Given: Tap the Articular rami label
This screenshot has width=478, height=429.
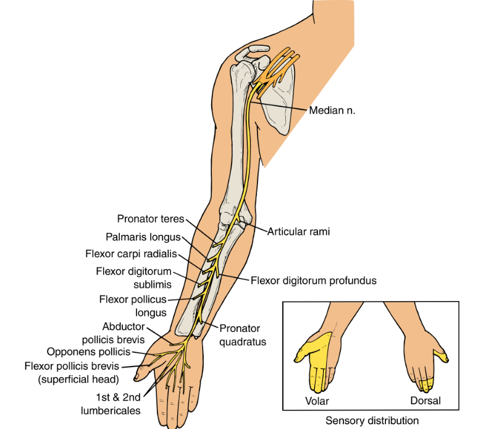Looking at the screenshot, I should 299,232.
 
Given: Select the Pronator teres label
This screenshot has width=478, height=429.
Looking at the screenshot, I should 150,218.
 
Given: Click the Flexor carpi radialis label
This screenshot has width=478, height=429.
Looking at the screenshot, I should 131,254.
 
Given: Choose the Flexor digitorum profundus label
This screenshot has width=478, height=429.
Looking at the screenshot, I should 313,280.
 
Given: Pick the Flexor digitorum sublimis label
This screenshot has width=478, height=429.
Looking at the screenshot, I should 133,277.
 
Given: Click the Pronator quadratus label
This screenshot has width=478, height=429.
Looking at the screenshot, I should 240,334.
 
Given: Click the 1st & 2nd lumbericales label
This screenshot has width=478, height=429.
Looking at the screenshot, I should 112,404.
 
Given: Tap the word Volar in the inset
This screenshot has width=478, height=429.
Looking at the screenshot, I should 317,401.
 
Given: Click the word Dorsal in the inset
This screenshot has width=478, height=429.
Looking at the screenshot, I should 426,401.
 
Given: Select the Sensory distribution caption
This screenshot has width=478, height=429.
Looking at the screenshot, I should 372,421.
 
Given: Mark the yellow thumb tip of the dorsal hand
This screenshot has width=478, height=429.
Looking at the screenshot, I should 440,354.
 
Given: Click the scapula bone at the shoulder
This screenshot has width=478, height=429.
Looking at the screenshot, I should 279,105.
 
